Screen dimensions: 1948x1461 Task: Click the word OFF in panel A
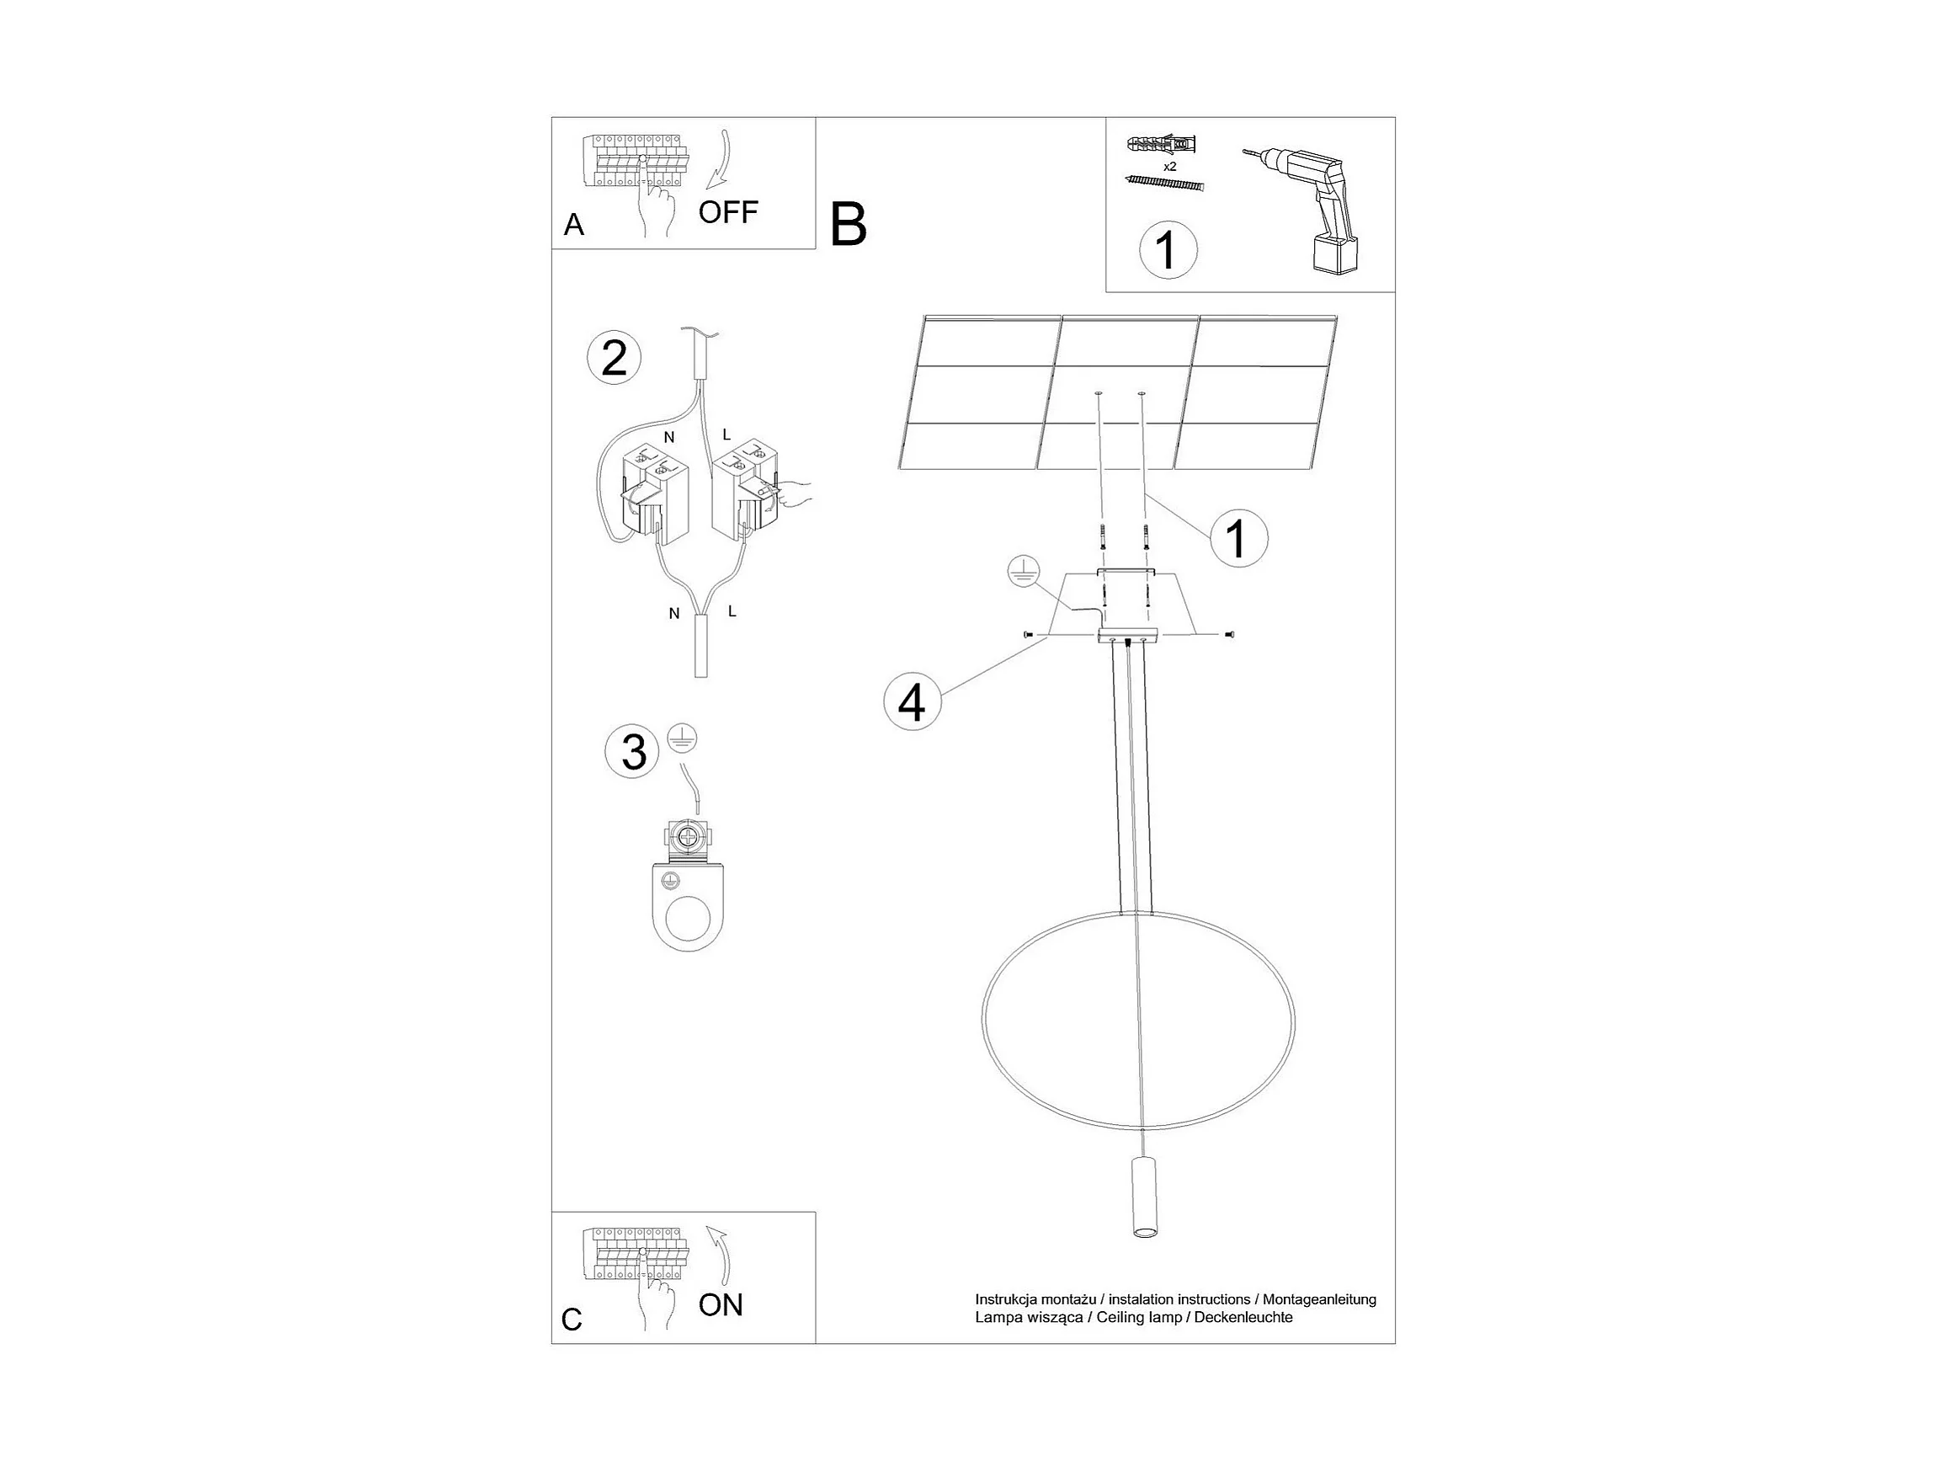(727, 212)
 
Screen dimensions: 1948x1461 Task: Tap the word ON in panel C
(721, 1304)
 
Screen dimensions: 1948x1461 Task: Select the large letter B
(848, 225)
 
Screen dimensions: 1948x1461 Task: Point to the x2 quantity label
(1169, 167)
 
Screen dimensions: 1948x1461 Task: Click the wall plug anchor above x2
(1163, 143)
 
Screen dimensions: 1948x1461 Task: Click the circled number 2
(614, 359)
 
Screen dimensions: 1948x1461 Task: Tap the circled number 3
(632, 753)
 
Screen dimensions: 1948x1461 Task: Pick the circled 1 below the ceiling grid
(1238, 537)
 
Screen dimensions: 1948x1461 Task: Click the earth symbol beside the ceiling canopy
(1024, 573)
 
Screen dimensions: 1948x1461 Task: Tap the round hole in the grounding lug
(688, 922)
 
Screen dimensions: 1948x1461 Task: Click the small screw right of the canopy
(1229, 634)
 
